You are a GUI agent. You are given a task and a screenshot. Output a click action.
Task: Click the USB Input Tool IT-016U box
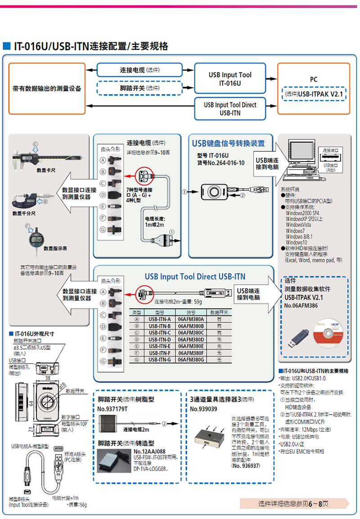tap(229, 79)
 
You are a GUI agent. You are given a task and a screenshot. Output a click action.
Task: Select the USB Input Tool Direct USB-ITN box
tap(229, 108)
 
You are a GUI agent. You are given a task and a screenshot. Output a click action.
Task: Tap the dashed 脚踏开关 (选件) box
tap(139, 88)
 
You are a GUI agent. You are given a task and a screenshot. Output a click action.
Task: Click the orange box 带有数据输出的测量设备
tap(47, 88)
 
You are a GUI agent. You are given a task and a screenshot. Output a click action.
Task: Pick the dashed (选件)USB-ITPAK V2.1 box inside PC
tap(314, 94)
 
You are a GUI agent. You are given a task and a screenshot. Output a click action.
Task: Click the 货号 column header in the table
tap(190, 312)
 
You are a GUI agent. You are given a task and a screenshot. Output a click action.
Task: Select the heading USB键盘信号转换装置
tap(228, 144)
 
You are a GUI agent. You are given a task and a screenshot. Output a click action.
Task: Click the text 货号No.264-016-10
tap(220, 163)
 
